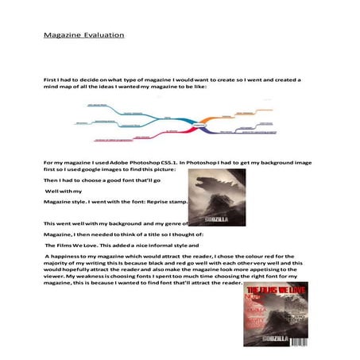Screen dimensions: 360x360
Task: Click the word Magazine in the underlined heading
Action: pos(62,36)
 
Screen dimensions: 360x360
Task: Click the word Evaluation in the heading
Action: pos(103,36)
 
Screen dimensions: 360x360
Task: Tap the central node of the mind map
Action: pos(200,125)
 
